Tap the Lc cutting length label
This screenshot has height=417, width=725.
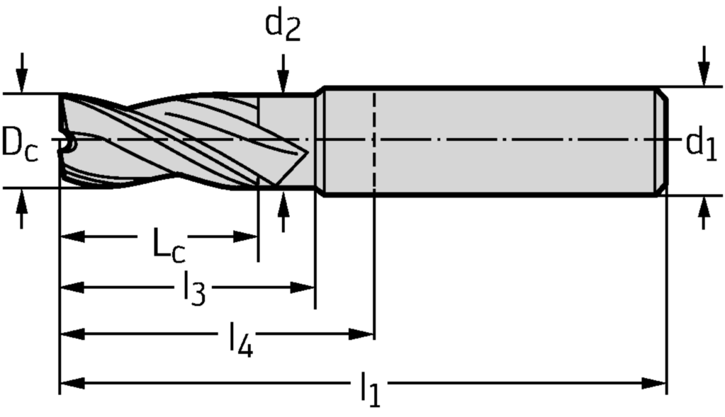click(169, 244)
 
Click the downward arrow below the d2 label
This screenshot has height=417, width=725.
click(283, 79)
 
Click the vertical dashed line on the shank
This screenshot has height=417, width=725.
click(373, 142)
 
